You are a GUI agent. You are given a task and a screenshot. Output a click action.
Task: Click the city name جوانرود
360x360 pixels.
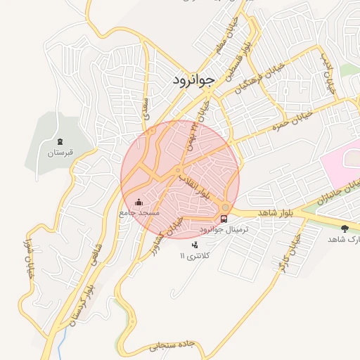coord(193,80)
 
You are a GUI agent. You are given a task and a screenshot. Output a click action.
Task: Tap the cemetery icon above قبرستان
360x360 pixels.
coord(60,142)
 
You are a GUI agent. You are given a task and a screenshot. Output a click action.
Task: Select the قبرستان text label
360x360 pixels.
coord(60,152)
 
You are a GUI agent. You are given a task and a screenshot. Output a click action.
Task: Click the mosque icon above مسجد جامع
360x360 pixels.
coord(138,202)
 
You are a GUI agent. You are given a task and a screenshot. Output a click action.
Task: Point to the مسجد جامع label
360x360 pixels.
coord(139,212)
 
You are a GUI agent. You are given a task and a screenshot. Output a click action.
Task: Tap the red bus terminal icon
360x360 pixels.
coord(224,218)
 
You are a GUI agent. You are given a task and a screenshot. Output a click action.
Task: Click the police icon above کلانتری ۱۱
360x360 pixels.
coord(195,245)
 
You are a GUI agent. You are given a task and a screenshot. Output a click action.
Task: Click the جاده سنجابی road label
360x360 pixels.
coord(172,346)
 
